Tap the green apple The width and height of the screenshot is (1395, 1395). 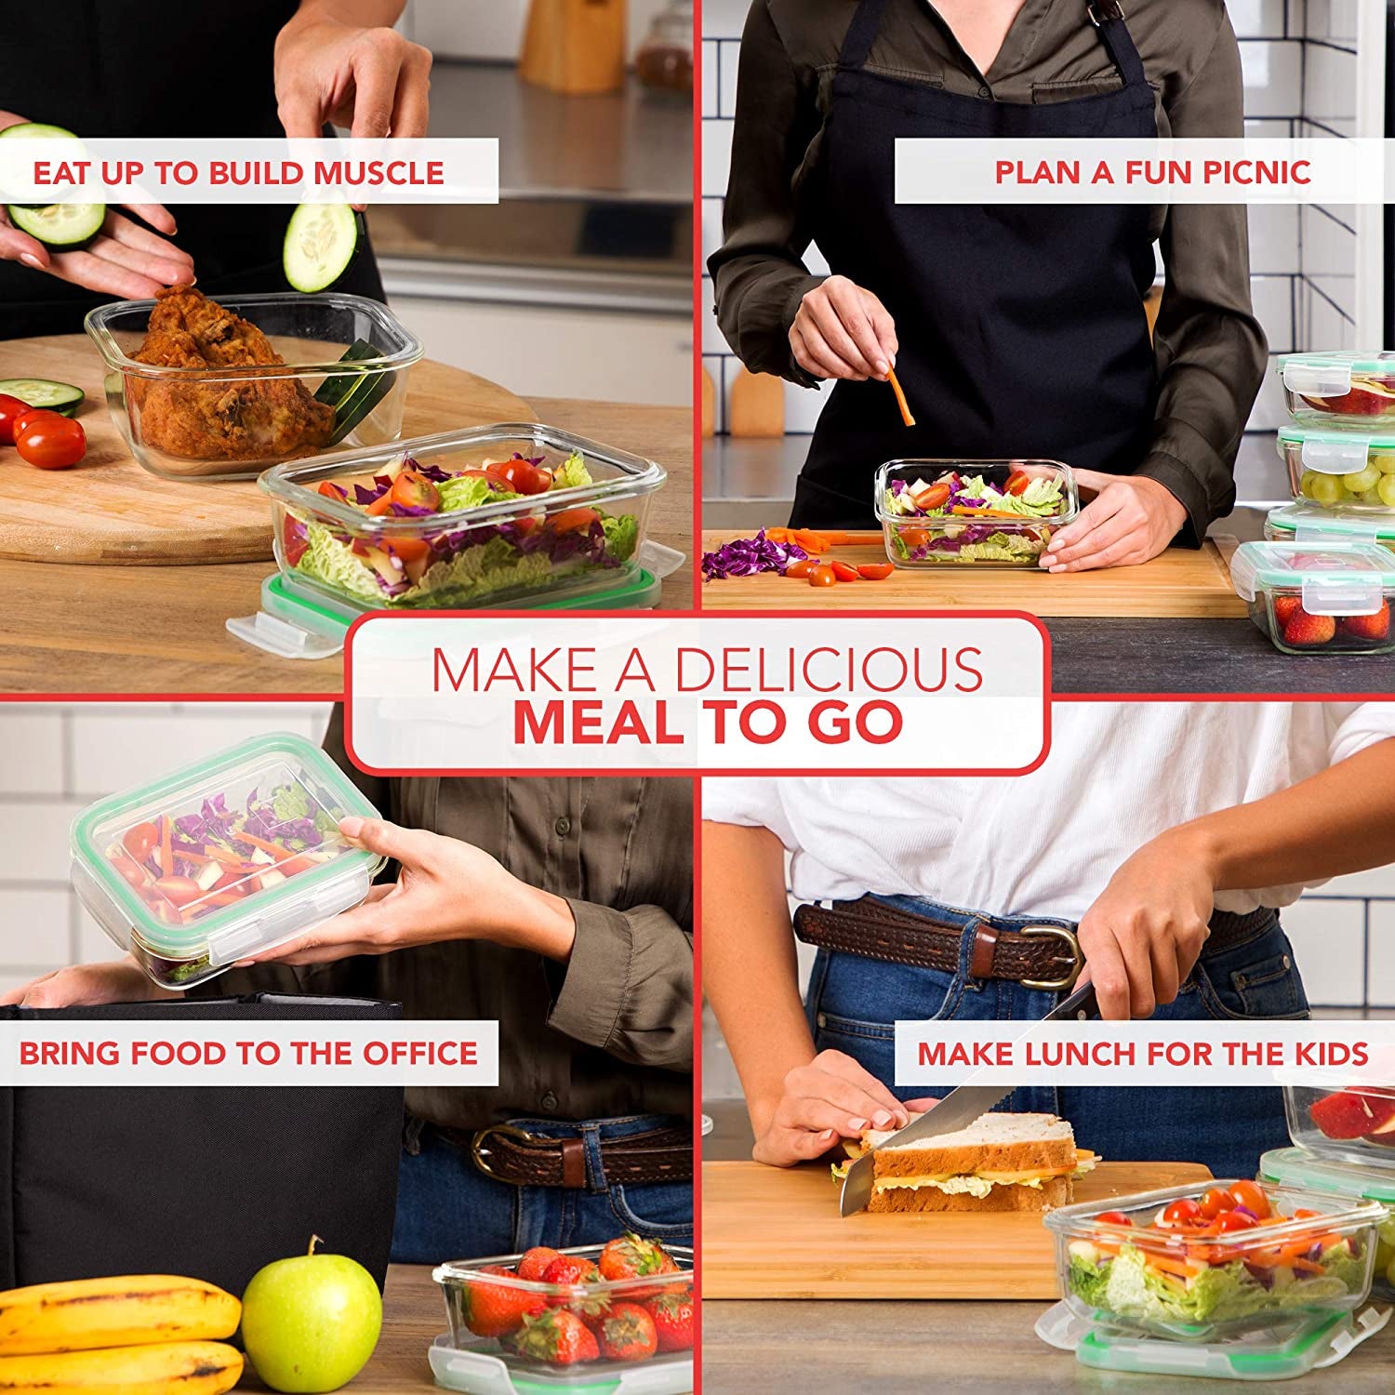click(311, 1319)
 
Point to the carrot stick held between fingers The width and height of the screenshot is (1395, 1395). click(899, 394)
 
